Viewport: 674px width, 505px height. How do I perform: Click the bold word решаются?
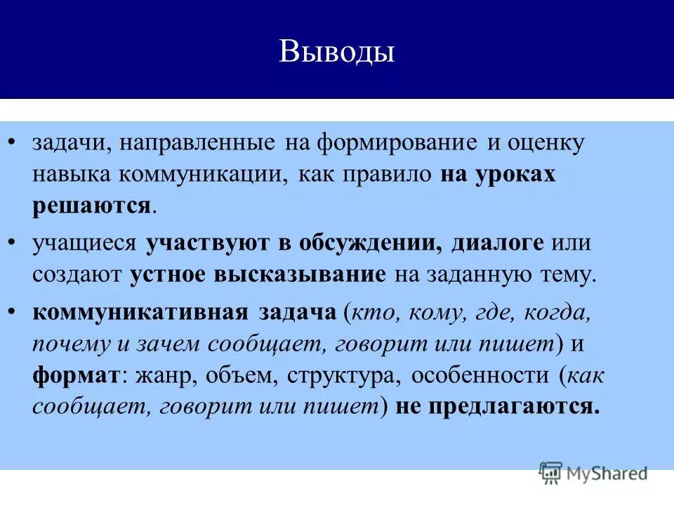91,206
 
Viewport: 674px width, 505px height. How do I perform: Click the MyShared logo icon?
551,473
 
